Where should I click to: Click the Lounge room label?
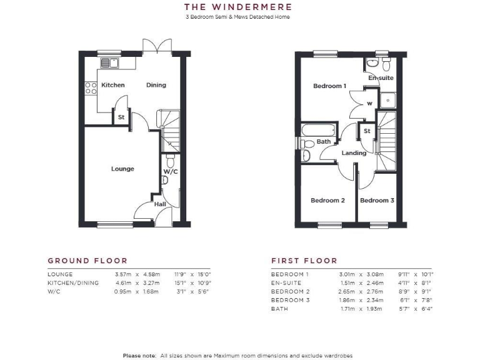tap(122, 169)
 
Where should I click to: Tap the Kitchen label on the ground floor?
tap(113, 85)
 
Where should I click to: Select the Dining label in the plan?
tap(156, 85)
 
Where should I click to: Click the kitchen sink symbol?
tap(110, 62)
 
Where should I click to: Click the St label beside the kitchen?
tap(121, 117)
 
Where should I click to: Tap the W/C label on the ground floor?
tap(171, 171)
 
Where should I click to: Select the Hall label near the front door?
tap(160, 204)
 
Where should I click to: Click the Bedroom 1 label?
tap(329, 86)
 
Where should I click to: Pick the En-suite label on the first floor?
tap(381, 78)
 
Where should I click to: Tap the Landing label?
tap(354, 153)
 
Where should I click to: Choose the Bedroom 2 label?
tap(328, 201)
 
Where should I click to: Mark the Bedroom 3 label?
tap(377, 201)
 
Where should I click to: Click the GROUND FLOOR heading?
tap(87, 261)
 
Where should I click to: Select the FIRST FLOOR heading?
tap(304, 261)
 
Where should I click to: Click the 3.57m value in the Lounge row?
tap(125, 274)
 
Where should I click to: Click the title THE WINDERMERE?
tap(237, 7)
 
